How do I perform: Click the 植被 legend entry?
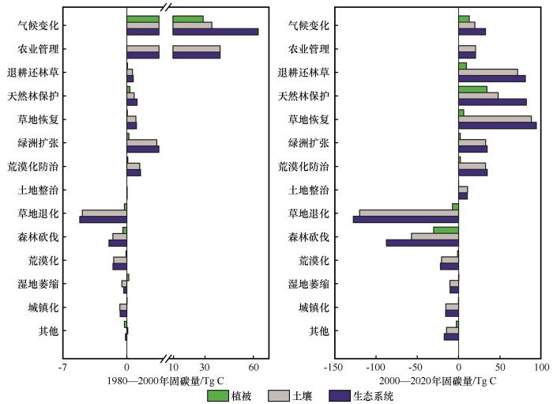coord(230,395)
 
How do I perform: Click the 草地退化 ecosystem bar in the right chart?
coord(405,219)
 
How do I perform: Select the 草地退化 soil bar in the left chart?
coord(103,213)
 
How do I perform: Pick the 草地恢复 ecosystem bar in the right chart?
coord(497,125)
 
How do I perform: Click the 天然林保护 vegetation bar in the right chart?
coord(472,89)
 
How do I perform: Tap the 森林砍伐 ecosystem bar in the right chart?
coord(422,243)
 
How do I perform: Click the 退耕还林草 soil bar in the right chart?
coord(487,72)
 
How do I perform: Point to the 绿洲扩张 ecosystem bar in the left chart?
coord(142,149)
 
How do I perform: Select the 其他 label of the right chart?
coord(319,331)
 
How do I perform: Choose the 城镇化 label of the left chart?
coord(42,308)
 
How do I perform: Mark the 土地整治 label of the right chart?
coord(309,190)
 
